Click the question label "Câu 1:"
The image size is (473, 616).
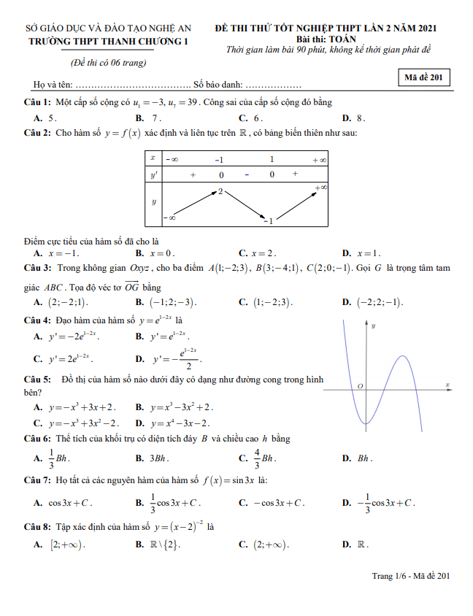(x=37, y=103)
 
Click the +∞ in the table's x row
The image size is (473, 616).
(x=319, y=158)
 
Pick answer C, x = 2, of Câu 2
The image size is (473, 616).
(x=263, y=253)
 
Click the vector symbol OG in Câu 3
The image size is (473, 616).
(x=131, y=287)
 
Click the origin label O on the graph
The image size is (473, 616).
(x=360, y=385)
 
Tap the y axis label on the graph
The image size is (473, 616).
(x=373, y=326)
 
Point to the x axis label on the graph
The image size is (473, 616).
(x=446, y=385)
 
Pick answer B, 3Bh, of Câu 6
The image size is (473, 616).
(x=159, y=458)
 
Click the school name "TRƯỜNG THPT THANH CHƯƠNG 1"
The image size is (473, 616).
(x=107, y=42)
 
